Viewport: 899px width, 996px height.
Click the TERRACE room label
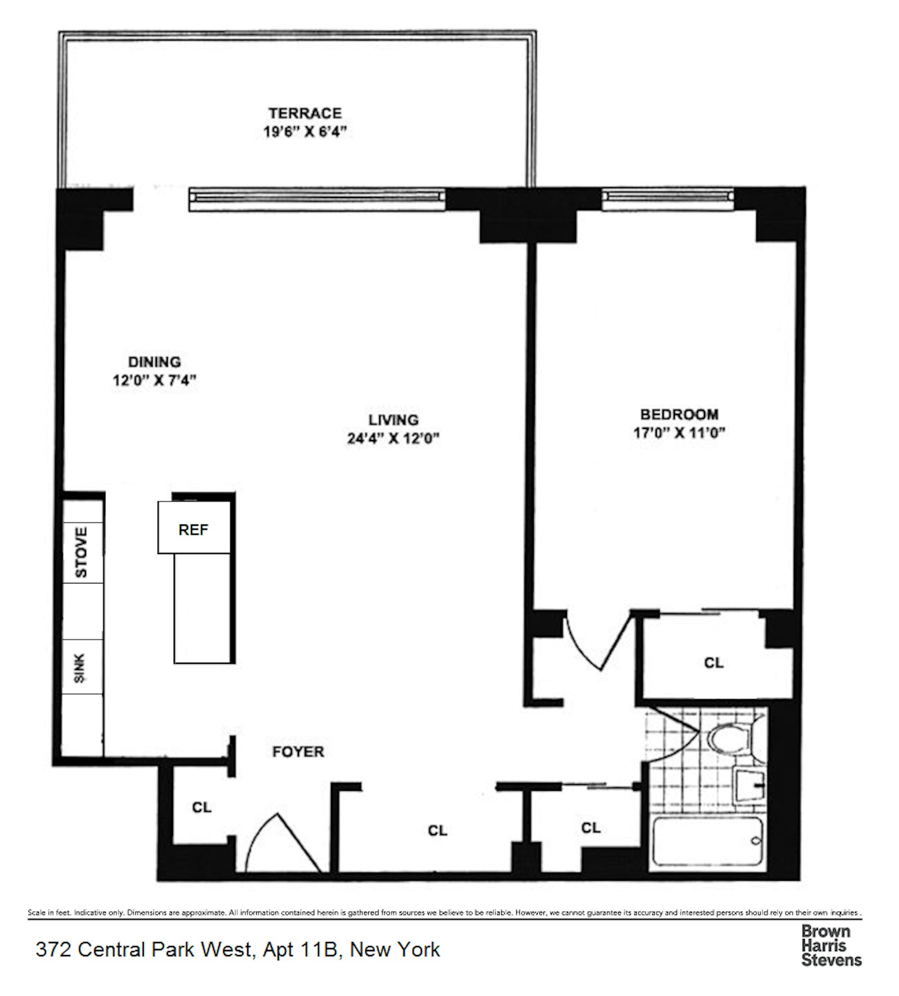[305, 113]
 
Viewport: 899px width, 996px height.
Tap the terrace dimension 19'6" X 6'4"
[305, 132]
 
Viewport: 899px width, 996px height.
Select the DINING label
[155, 362]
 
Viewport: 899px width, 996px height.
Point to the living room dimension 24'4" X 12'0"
[393, 438]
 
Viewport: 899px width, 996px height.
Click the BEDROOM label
[679, 414]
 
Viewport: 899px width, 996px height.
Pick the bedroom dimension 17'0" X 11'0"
[679, 433]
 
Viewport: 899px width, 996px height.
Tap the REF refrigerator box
[194, 527]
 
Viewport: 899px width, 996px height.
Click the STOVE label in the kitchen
[82, 552]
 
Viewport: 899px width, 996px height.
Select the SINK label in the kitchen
[80, 667]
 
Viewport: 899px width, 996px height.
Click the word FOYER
[298, 751]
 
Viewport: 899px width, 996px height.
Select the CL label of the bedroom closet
[714, 663]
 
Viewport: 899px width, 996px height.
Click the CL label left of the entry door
[202, 808]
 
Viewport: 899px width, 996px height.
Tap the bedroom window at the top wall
[668, 199]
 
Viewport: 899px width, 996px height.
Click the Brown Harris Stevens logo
[831, 946]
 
